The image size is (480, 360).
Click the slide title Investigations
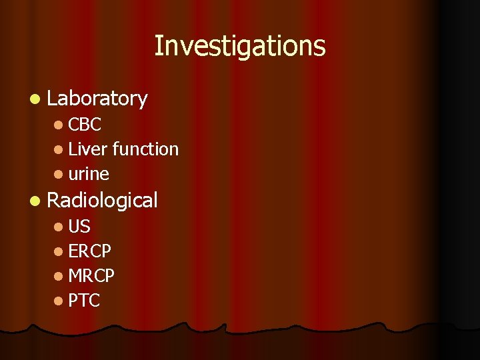click(240, 47)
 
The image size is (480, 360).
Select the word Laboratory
click(97, 99)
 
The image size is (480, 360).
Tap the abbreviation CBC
click(85, 124)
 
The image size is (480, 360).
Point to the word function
click(145, 149)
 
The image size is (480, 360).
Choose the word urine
click(89, 174)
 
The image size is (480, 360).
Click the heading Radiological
click(103, 200)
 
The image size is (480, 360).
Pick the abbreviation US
click(79, 226)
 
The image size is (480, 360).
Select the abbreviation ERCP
click(90, 251)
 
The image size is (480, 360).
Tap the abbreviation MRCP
click(91, 275)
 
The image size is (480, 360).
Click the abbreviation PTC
click(84, 301)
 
